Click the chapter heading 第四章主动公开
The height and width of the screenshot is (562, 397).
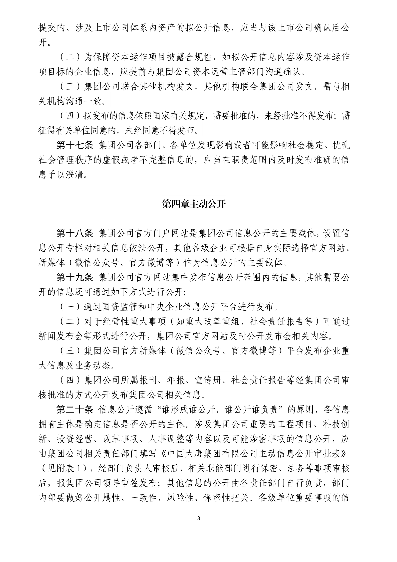[x=194, y=204]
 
